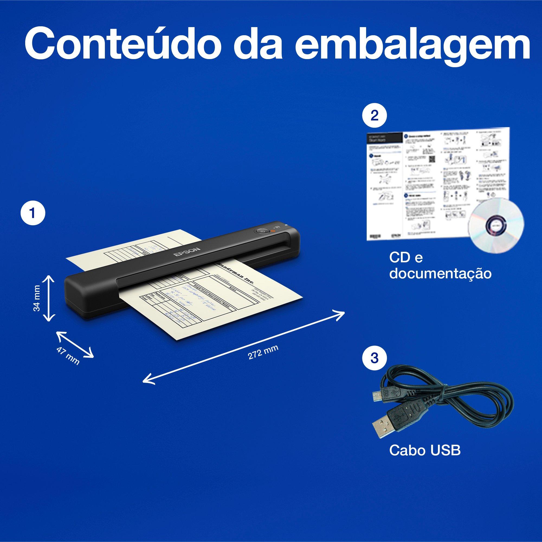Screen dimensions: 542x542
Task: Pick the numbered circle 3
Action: point(374,358)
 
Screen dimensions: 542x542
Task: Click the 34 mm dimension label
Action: point(37,298)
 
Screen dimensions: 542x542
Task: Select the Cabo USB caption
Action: point(425,451)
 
